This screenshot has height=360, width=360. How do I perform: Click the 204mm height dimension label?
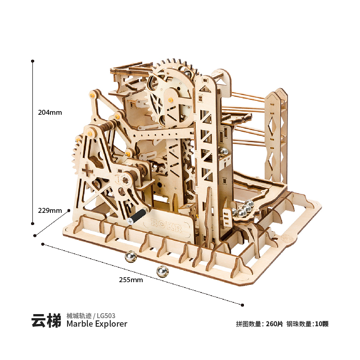(50, 112)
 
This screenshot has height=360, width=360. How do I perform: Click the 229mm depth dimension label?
(50, 211)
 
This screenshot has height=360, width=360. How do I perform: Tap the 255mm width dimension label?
(131, 280)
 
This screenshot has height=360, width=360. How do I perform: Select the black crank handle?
(137, 216)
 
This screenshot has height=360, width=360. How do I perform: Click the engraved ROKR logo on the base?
(166, 225)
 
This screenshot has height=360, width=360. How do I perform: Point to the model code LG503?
(106, 316)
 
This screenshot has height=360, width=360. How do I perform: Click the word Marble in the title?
(80, 324)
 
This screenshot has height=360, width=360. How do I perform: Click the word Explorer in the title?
(111, 324)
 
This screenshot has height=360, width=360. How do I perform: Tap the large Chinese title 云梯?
(46, 320)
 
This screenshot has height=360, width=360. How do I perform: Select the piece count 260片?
(274, 324)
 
